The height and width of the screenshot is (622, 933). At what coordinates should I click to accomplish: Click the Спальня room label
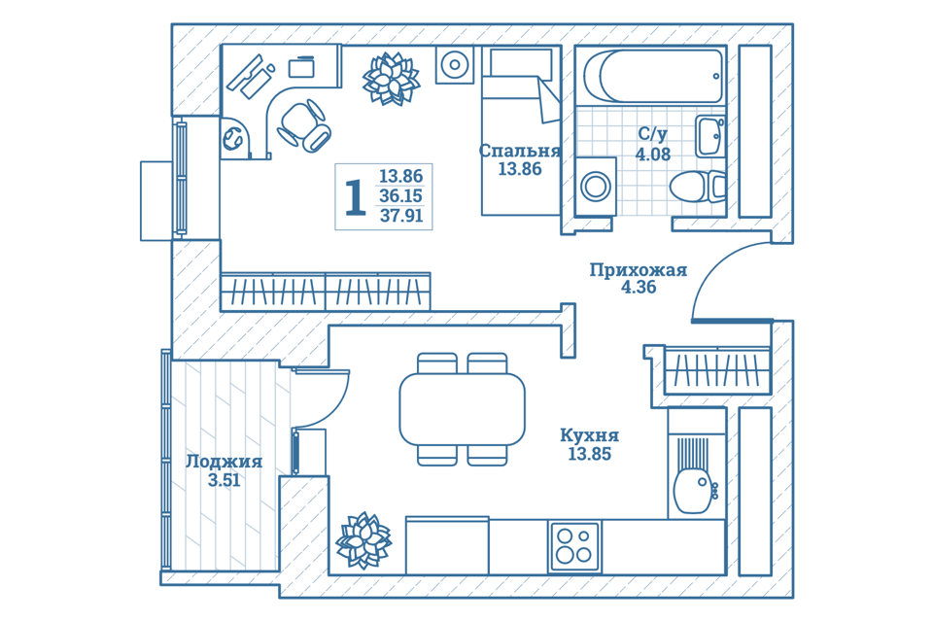click(x=519, y=151)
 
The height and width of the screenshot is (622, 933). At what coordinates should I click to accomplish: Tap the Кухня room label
click(x=589, y=435)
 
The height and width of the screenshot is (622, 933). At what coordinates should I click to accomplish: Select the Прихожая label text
click(x=639, y=270)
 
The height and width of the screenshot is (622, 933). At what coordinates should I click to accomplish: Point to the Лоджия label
click(x=224, y=462)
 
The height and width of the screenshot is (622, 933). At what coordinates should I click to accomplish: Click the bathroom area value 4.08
click(x=653, y=155)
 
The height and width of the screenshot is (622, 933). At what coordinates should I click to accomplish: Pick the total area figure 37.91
click(x=401, y=216)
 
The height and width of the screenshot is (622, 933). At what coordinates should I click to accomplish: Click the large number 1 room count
click(x=356, y=197)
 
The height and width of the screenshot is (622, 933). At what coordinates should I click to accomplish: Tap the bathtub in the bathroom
click(x=653, y=76)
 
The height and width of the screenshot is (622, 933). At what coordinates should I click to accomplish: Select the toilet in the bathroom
click(x=698, y=187)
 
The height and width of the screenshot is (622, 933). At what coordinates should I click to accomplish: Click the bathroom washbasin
click(x=709, y=136)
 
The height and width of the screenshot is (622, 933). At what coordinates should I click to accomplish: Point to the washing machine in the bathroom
click(x=596, y=186)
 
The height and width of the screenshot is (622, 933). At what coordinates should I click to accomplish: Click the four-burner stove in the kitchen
click(x=574, y=546)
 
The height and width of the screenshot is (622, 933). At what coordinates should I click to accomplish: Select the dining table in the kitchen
click(x=462, y=409)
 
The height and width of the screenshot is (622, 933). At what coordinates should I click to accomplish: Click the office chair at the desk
click(x=304, y=125)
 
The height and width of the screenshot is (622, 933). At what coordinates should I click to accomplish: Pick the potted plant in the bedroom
click(x=391, y=79)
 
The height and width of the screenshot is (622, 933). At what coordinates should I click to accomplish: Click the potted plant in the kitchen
click(x=363, y=540)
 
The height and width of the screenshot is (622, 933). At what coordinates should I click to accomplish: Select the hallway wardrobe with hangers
click(x=717, y=370)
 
